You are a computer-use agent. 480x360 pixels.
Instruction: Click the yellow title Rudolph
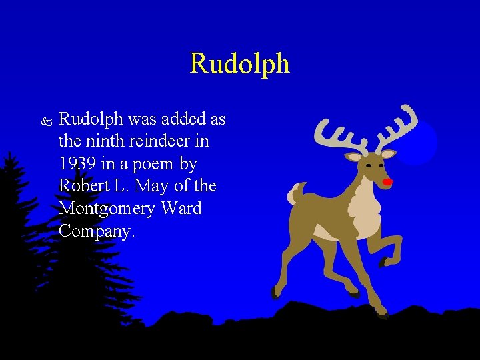(x=239, y=64)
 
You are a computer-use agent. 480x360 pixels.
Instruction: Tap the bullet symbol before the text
(x=45, y=122)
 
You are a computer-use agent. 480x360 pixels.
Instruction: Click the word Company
(x=97, y=231)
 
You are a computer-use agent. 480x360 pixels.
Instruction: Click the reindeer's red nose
(x=387, y=181)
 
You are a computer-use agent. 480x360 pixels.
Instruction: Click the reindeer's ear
(x=353, y=157)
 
